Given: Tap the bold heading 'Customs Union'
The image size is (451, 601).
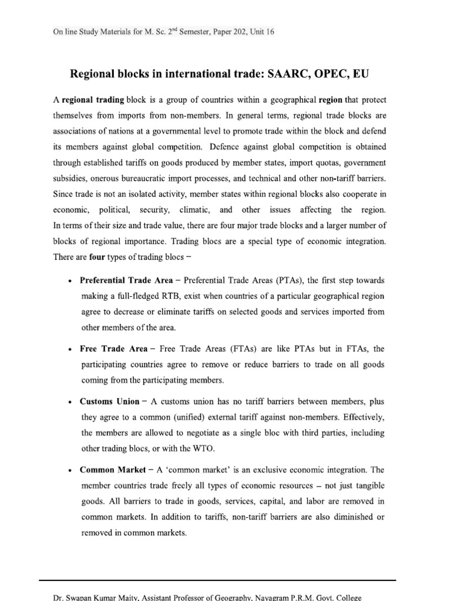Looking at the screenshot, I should pos(109,401).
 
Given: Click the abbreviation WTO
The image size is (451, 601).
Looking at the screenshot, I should pos(204,449).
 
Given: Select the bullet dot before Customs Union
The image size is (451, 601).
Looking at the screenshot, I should pos(70,402).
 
